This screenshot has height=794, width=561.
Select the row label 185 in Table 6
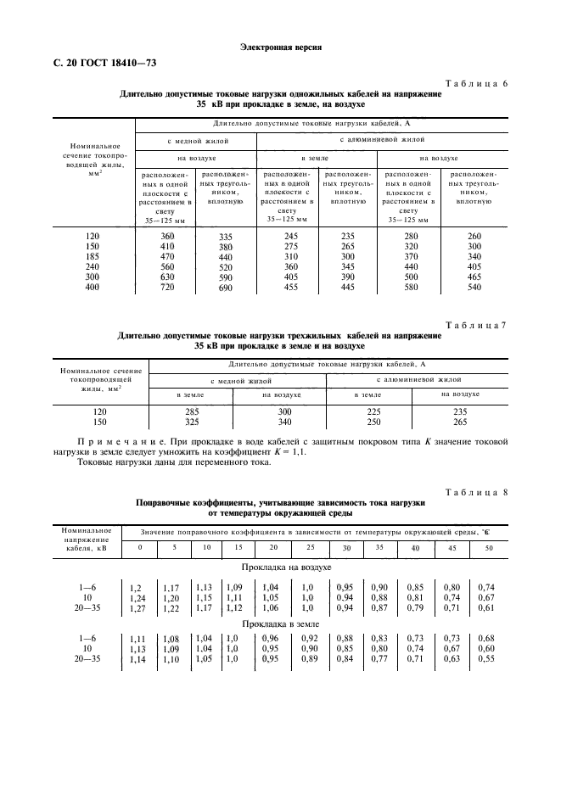(x=93, y=256)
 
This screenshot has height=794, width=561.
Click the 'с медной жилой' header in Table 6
(x=196, y=140)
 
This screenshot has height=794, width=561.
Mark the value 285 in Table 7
(x=191, y=411)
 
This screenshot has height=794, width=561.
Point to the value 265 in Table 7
(x=460, y=422)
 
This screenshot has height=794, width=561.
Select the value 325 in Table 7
(x=191, y=422)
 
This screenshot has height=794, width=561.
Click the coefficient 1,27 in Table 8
(x=135, y=608)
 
